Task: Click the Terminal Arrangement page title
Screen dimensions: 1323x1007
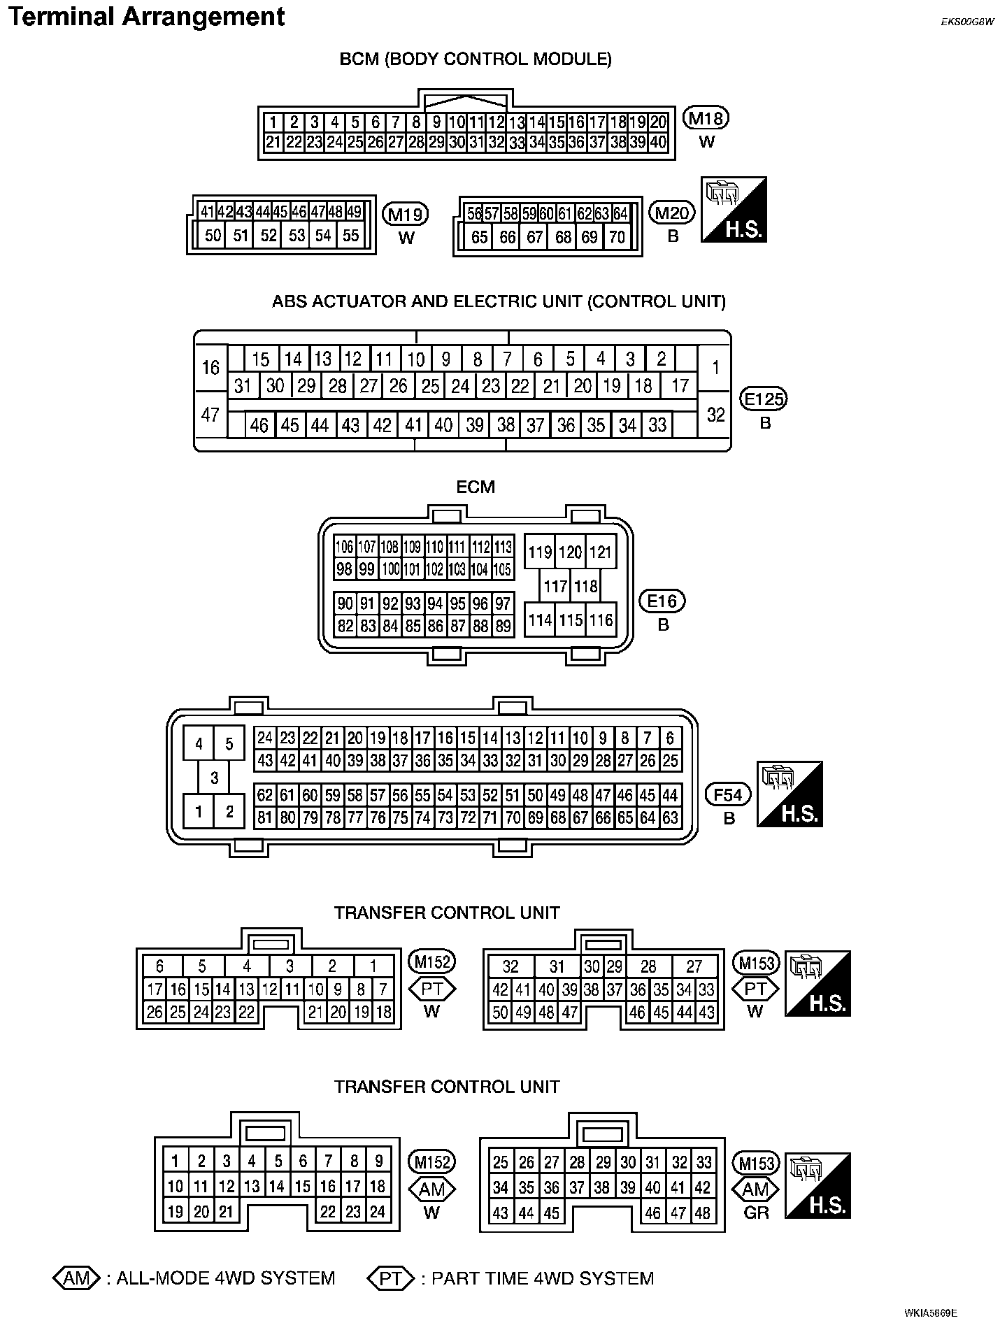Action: coord(147,17)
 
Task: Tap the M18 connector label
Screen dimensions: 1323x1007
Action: coord(706,118)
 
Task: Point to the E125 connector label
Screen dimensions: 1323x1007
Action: coord(764,399)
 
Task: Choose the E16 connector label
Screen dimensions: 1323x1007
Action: coord(662,601)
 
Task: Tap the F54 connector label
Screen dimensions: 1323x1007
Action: coord(728,794)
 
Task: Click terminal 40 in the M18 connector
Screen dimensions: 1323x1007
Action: coord(658,143)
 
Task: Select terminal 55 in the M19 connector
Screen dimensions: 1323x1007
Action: coord(350,236)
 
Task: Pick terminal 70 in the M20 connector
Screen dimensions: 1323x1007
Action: coord(617,238)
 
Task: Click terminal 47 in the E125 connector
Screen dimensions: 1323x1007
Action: coord(210,415)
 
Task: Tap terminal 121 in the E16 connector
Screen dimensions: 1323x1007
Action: coord(600,552)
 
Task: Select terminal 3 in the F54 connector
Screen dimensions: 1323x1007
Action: coord(215,778)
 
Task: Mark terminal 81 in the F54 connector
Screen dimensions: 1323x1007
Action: coord(264,817)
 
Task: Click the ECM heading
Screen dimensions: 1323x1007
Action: coord(476,487)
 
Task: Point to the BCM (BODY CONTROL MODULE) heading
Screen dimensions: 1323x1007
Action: coord(476,59)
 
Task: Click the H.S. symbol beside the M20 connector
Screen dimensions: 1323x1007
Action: coord(734,210)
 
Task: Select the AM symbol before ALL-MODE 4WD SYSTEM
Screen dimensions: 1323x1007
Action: coord(77,1278)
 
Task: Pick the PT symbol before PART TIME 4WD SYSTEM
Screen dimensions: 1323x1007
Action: coord(391,1278)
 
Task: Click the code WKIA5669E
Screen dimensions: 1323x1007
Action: coord(930,1313)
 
